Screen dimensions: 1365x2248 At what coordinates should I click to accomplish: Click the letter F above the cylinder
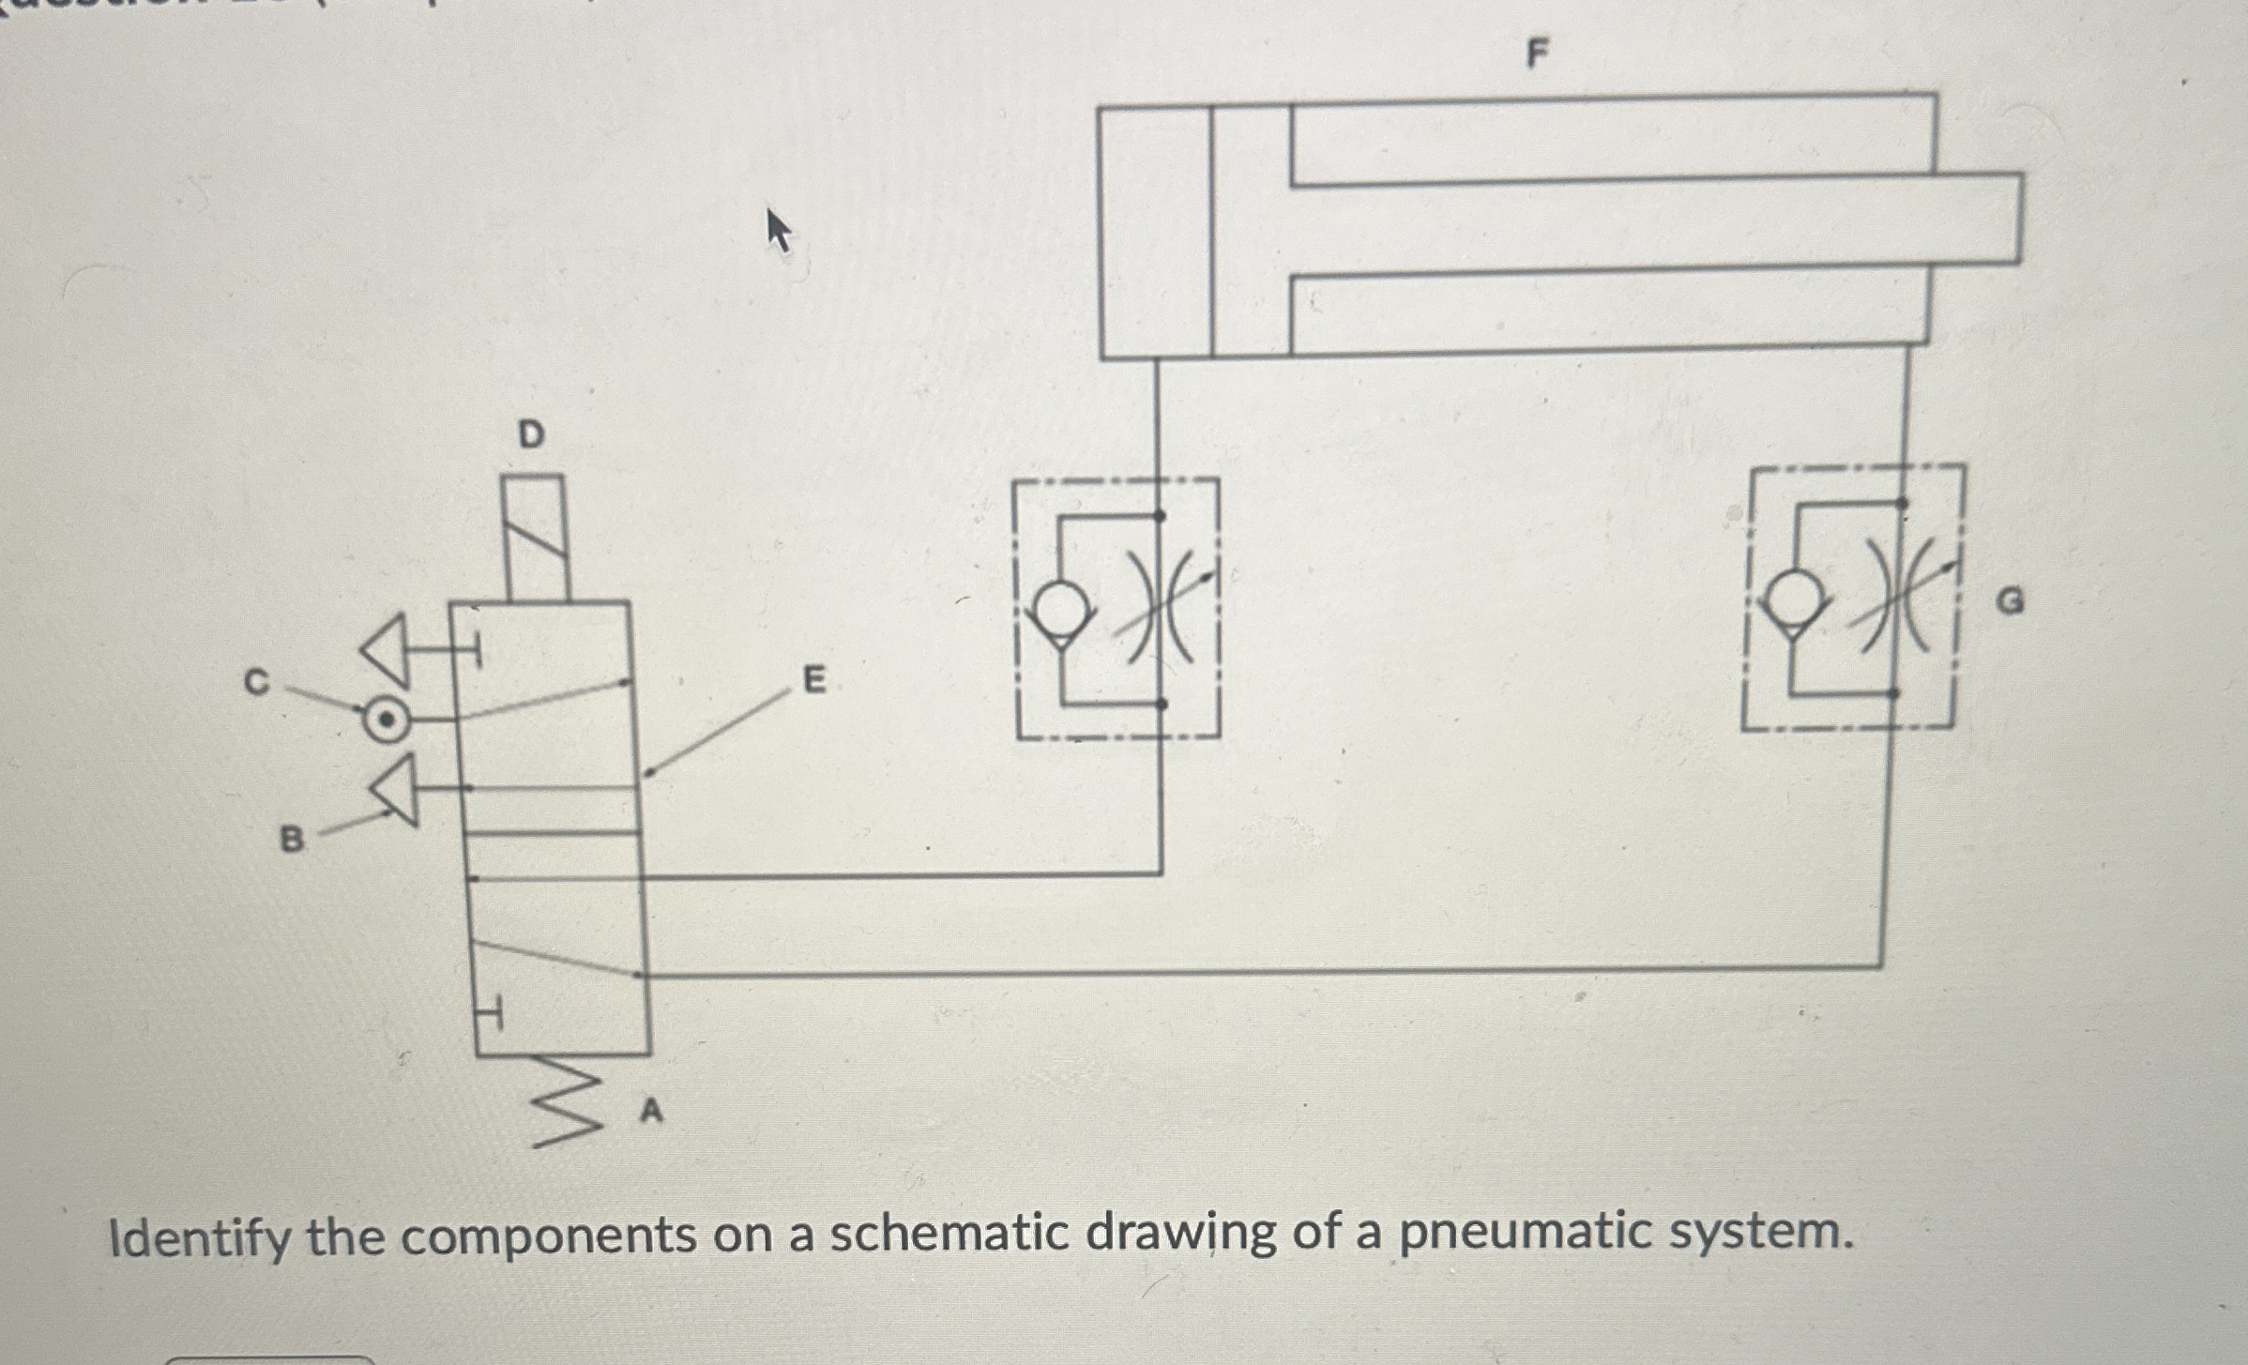point(1536,54)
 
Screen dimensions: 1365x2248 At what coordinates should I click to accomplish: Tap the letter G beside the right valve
point(2009,600)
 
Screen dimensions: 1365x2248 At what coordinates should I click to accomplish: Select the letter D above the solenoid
point(531,434)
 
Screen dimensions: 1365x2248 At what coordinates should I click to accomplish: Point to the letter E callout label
point(814,679)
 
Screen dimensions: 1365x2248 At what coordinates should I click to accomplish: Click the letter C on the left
point(255,682)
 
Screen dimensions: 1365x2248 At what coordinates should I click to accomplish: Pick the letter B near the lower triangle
point(293,839)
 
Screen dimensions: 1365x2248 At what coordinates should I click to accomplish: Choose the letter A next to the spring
point(651,1112)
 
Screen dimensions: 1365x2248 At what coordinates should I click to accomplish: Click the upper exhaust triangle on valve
point(387,649)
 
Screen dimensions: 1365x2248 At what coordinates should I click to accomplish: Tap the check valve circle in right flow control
point(1793,600)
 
